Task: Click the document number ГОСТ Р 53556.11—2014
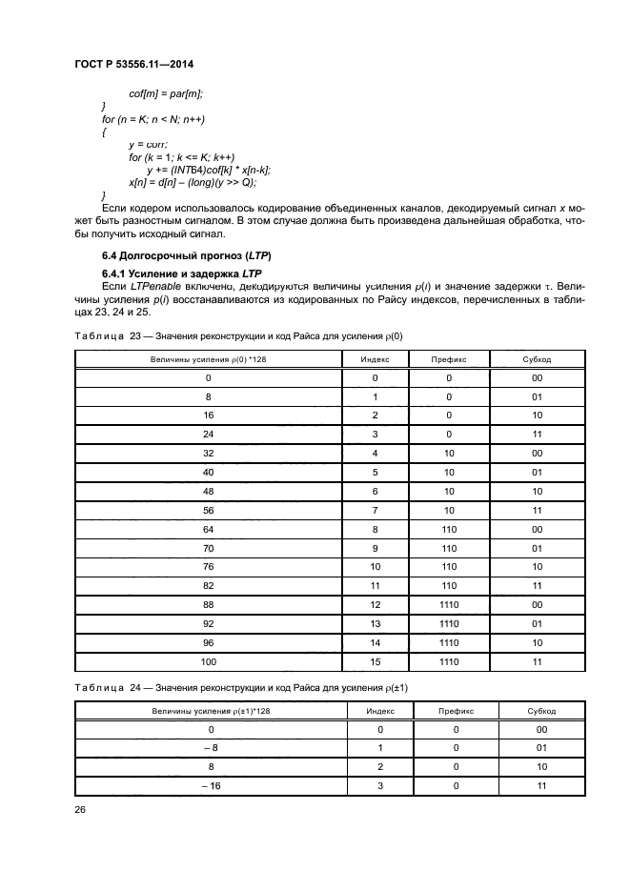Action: [140, 65]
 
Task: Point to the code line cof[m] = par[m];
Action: [166, 93]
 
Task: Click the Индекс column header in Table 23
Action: [375, 359]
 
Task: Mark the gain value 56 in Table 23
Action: [208, 510]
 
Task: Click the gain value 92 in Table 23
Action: [208, 622]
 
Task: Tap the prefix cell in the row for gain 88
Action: [448, 603]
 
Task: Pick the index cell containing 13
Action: [375, 622]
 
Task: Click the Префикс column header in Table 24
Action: [456, 711]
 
